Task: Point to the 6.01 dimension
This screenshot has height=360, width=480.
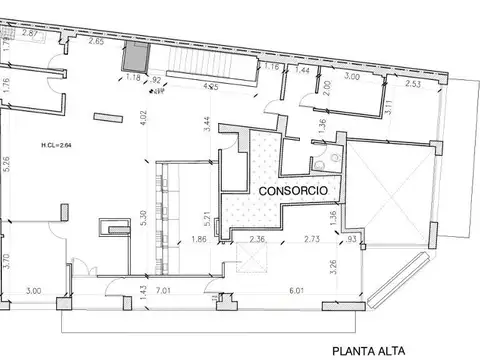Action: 297,292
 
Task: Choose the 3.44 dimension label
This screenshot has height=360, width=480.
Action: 206,125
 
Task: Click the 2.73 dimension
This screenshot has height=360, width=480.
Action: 312,240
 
